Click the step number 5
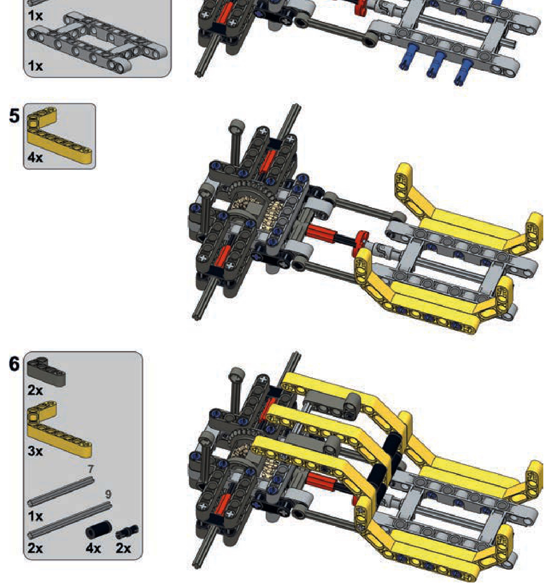(14, 116)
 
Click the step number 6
(14, 364)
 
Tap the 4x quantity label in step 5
(35, 158)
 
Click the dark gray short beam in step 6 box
(46, 372)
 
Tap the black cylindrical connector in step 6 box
(99, 529)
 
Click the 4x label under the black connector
(93, 548)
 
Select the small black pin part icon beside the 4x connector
(127, 531)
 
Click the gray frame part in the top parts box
(97, 41)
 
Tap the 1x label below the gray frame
(35, 66)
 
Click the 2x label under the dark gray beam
(35, 390)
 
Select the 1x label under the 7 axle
(35, 516)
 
